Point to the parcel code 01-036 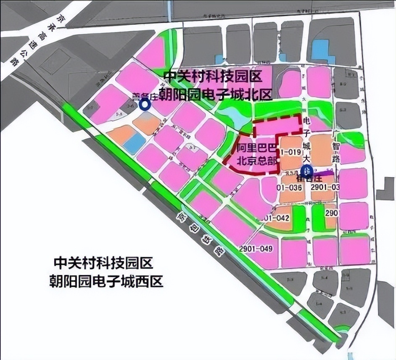pyautogui.click(x=290, y=187)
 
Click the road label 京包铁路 pyautogui.click(x=201, y=235)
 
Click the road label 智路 pyautogui.click(x=335, y=152)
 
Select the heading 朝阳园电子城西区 pyautogui.click(x=106, y=281)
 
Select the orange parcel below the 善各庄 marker pyautogui.click(x=147, y=124)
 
